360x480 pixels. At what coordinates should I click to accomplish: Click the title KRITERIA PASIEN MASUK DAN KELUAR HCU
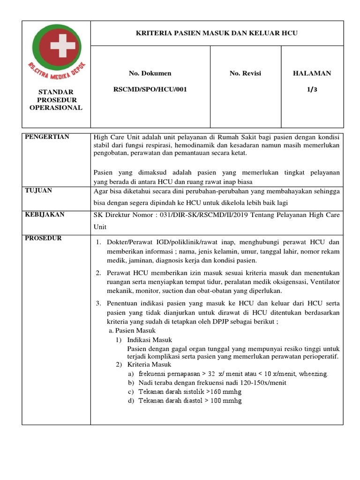217,33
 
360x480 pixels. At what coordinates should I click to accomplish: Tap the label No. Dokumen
150,73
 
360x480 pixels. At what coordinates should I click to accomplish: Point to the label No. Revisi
245,73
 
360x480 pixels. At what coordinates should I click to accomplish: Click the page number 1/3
312,89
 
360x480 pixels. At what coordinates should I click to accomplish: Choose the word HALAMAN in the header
312,73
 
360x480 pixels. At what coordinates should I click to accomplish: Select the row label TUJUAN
38,190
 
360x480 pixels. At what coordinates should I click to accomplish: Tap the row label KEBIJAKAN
45,214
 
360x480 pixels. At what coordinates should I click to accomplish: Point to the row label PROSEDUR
44,238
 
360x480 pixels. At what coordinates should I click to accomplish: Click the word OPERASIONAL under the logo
56,107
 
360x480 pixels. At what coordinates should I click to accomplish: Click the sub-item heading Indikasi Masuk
150,339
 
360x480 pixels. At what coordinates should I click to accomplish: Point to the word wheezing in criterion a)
313,374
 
